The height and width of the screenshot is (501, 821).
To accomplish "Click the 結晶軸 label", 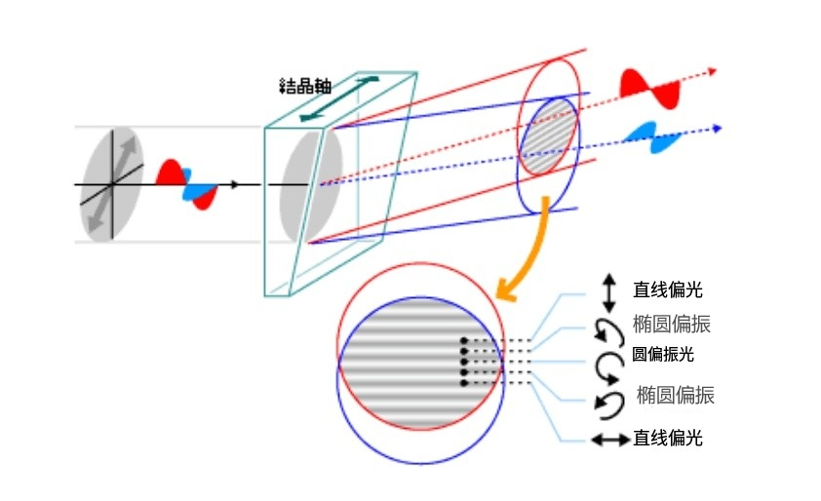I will point(304,86).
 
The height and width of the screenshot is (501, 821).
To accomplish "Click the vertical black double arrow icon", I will point(609,291).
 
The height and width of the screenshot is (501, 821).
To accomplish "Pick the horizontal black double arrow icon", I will point(610,441).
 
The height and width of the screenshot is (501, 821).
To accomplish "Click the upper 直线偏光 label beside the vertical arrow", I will point(667,289).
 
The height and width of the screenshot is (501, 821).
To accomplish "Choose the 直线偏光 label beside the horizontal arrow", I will point(667,439).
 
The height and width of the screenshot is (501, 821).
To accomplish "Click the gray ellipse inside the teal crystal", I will point(311,185).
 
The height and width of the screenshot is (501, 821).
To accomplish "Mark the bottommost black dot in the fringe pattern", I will point(463,383).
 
